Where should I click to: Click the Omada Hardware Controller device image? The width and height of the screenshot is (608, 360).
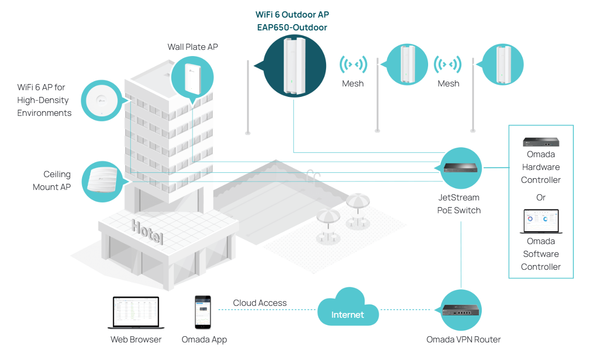point(541,142)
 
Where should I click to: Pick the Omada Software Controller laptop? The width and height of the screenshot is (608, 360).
point(541,221)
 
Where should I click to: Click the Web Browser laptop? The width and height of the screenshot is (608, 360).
point(136,313)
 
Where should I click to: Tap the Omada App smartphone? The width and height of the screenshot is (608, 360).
point(203,312)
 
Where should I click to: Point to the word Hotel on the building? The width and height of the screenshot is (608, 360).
point(147,231)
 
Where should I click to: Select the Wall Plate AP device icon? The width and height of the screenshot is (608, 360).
point(192,76)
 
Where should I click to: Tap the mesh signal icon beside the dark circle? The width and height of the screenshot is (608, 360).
point(353,64)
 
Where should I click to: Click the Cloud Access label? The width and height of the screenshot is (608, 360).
point(260,303)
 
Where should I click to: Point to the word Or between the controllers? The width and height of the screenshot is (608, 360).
point(541,197)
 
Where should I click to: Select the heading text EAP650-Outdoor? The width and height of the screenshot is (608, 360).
point(292,28)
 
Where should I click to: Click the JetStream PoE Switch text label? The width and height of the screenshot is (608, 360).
point(459,204)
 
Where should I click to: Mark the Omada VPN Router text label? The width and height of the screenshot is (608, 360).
point(463,339)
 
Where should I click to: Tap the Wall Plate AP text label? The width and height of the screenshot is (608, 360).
point(193,47)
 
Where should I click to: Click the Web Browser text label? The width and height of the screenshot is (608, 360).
point(136,340)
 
